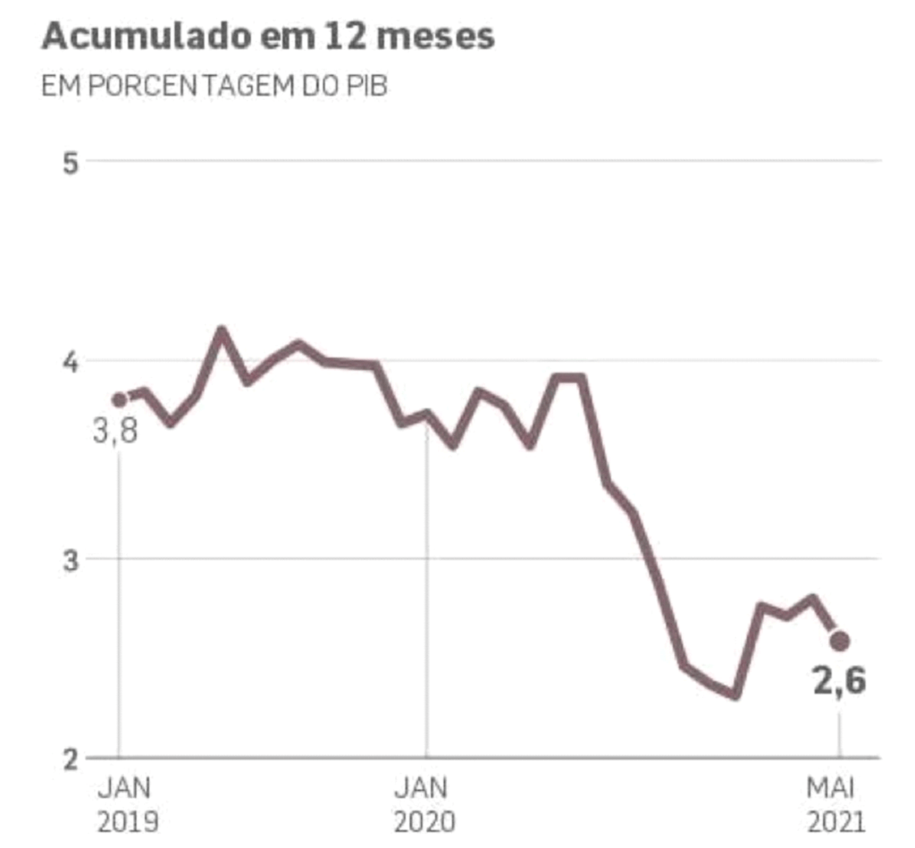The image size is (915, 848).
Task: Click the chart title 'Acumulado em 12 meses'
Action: [x=267, y=38]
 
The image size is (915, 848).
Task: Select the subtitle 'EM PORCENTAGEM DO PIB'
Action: [x=214, y=88]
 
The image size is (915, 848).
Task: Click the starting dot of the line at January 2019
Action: [x=120, y=399]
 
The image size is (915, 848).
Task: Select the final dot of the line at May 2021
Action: [x=839, y=641]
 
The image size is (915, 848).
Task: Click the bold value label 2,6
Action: [x=838, y=682]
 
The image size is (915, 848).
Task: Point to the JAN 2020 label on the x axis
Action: [x=424, y=804]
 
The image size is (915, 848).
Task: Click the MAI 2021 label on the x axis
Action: [x=837, y=804]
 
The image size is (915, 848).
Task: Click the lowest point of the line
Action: [x=735, y=694]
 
